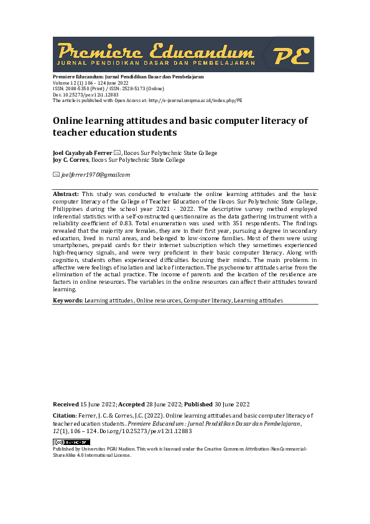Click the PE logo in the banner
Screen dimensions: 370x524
click(x=291, y=55)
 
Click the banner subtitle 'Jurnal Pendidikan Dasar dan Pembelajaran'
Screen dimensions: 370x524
click(x=155, y=63)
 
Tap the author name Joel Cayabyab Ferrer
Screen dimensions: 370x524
click(x=82, y=153)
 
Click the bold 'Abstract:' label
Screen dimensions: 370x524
click(x=66, y=194)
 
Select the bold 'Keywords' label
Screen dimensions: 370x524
click(x=67, y=300)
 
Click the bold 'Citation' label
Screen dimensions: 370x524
click(x=63, y=415)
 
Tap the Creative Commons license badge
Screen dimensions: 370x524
click(x=71, y=442)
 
